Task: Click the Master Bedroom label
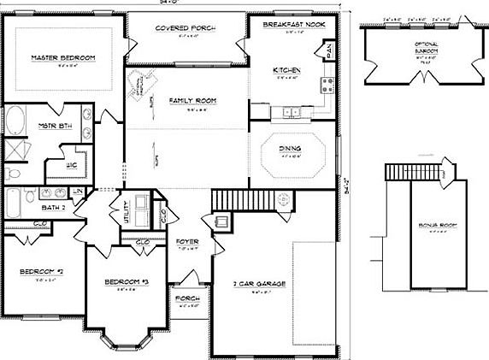tap(62, 57)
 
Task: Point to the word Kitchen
tap(286, 69)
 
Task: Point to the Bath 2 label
tap(53, 207)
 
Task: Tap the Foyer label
tap(187, 242)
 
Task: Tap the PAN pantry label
tap(329, 54)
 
